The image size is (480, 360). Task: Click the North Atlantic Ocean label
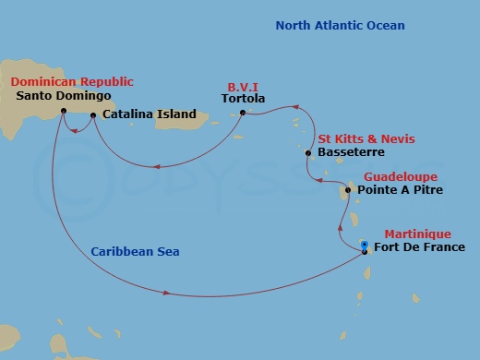click(340, 25)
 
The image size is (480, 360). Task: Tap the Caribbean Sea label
click(136, 251)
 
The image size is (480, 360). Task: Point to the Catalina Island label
click(150, 114)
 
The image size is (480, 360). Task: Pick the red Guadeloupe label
click(401, 176)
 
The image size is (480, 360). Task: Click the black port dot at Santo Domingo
click(63, 112)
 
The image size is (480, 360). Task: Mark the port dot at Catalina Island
click(93, 115)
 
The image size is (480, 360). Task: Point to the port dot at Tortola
click(242, 114)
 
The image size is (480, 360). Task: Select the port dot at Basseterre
click(306, 153)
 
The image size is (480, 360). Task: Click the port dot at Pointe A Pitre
click(348, 191)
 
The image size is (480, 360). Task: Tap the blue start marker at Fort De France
click(366, 246)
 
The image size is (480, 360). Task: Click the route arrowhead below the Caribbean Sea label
click(166, 294)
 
